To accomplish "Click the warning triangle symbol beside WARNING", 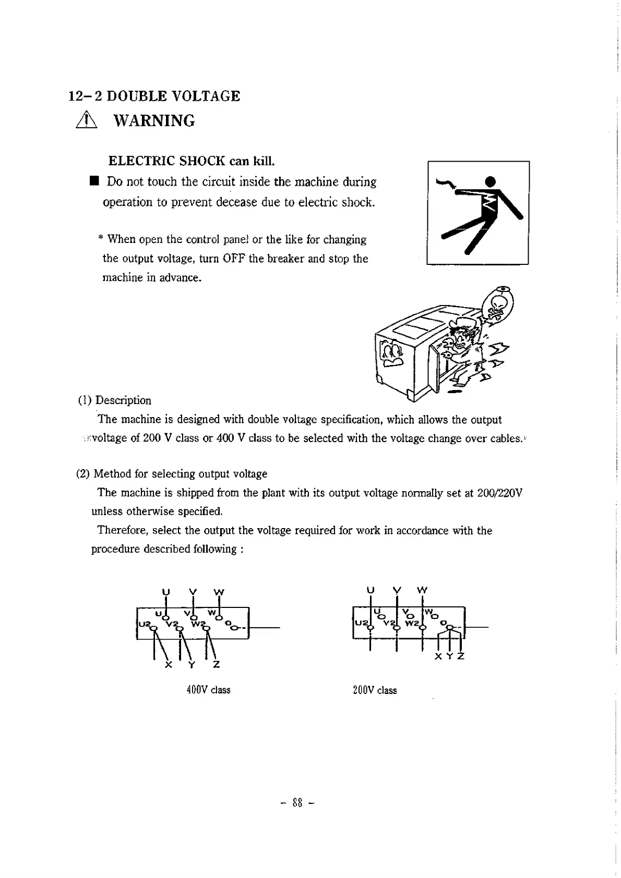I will (x=84, y=121).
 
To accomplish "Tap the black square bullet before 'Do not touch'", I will (x=94, y=181).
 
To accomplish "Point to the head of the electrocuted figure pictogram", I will (x=489, y=181).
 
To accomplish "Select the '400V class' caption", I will (x=208, y=690).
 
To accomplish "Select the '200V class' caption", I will (x=375, y=690).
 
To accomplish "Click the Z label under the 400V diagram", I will (x=217, y=665).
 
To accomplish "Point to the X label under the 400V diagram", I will (x=168, y=665).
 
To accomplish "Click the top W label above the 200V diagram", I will (x=422, y=591).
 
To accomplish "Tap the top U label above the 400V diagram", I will (x=166, y=592).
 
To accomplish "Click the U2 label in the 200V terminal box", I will (x=360, y=623).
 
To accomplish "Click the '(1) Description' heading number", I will (x=85, y=400).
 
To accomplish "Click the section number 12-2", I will (x=87, y=96).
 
